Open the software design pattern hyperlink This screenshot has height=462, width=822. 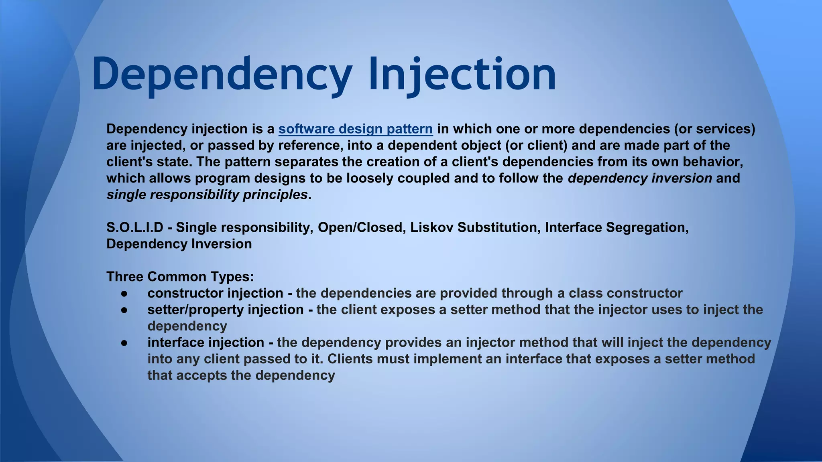click(x=355, y=129)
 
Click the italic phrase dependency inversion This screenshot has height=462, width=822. click(x=640, y=178)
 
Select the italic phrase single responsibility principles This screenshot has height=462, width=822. click(x=207, y=195)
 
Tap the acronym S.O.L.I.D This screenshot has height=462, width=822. click(x=135, y=227)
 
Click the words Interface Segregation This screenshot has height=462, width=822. click(x=616, y=227)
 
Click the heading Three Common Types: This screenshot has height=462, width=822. click(x=180, y=277)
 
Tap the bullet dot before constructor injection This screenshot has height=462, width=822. click(x=124, y=294)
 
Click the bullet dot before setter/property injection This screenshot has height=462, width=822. click(x=124, y=310)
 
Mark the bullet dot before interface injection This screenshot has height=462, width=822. click(x=124, y=343)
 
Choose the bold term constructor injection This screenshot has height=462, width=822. click(x=215, y=293)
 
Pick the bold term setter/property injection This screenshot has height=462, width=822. click(x=225, y=310)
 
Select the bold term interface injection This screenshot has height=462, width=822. click(x=205, y=342)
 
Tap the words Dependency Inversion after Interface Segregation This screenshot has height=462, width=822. click(x=179, y=244)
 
